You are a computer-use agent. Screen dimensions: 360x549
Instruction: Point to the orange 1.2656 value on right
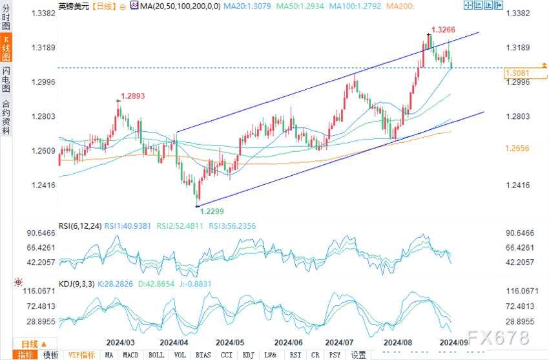[518, 148]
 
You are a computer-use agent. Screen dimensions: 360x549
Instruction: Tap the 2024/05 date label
[229, 342]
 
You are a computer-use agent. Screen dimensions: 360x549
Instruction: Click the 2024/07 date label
[339, 342]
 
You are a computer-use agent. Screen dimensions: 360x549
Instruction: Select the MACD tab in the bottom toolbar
[131, 355]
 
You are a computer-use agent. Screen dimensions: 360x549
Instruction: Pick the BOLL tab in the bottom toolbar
[156, 355]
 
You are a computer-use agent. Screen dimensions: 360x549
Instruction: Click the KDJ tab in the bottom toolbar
[248, 355]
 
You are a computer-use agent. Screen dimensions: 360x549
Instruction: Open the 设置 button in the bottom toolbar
[358, 355]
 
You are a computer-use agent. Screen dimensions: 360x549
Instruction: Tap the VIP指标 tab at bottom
[81, 355]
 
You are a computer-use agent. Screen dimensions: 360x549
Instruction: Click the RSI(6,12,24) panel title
[80, 226]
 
